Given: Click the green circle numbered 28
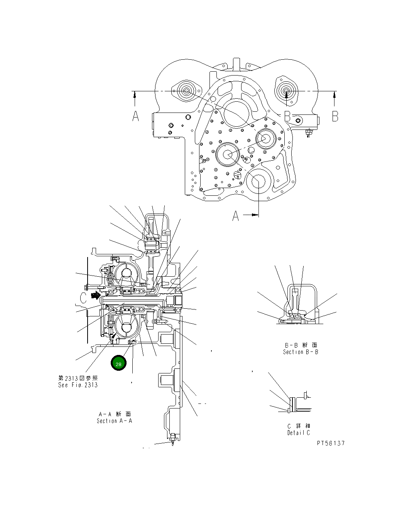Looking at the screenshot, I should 118,364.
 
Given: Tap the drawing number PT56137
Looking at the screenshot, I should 331,443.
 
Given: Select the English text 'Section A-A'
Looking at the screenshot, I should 114,421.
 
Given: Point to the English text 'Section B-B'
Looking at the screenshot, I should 301,352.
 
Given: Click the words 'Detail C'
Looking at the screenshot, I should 299,433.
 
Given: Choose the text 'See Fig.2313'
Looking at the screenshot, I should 78,385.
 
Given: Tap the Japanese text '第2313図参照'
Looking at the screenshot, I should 78,378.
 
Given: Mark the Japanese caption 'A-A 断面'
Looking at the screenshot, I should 115,414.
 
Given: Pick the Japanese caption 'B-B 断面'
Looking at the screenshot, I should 301,345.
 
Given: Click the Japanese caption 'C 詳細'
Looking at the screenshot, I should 299,426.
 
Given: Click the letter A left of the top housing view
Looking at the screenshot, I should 135,116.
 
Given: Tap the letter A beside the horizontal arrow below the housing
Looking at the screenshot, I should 236,217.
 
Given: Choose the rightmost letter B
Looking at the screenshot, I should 335,116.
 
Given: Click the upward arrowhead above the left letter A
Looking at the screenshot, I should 134,94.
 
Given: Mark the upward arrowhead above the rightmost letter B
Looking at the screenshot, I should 334,94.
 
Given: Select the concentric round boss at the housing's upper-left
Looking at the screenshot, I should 186,92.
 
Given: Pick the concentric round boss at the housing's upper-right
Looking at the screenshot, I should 286,92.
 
